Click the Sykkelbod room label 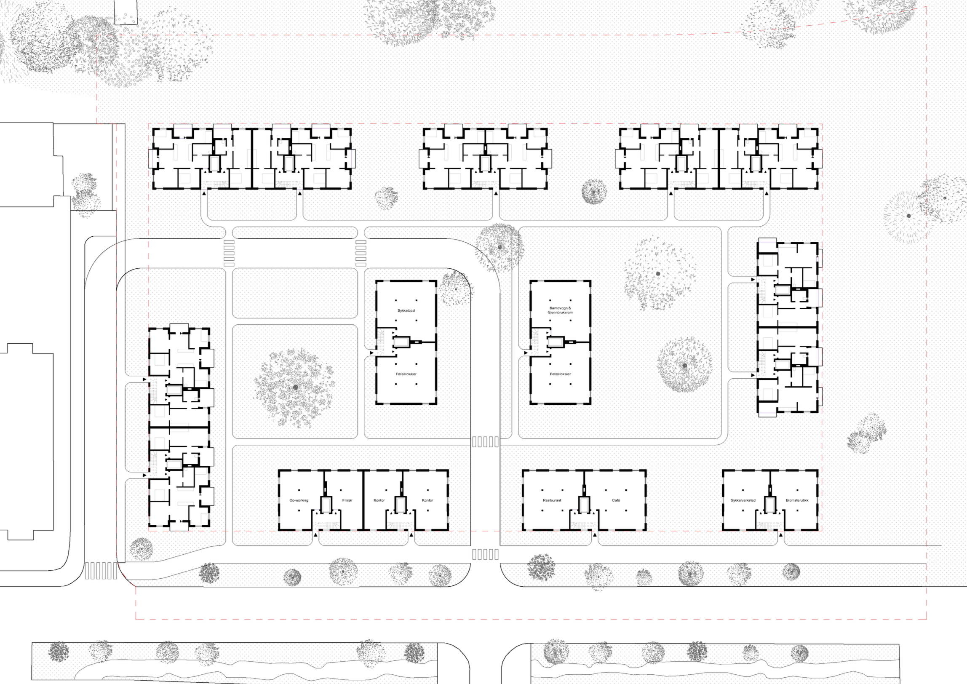pos(406,310)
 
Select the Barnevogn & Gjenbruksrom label pos(560,310)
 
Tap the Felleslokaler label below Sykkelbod pos(406,374)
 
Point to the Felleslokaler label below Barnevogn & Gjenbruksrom pos(560,374)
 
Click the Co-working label pos(299,500)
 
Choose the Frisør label pos(347,500)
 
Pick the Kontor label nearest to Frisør pos(379,500)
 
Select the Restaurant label pos(552,500)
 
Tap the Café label pos(616,500)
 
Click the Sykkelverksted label pos(743,500)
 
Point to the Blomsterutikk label pos(797,500)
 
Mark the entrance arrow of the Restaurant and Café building pos(595,534)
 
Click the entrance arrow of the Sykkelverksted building pos(780,534)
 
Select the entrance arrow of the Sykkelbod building pos(371,353)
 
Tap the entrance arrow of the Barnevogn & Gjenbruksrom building pos(526,353)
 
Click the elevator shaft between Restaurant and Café pos(584,505)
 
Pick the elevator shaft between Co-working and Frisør pos(326,505)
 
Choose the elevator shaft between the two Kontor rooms pos(401,505)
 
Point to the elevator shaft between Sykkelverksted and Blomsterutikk pos(770,505)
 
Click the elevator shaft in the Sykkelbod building pos(401,342)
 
